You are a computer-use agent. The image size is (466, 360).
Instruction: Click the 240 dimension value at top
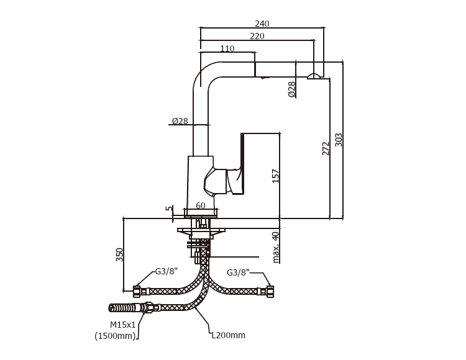point(262,24)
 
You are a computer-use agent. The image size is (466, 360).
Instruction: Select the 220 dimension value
point(257,36)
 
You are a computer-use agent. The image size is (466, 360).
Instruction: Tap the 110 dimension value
point(227,49)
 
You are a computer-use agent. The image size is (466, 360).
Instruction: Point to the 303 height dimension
point(339,140)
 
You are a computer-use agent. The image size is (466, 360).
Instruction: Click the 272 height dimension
point(326,148)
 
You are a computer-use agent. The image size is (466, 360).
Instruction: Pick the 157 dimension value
point(276,176)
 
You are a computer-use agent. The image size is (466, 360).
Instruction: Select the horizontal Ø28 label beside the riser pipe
point(180,121)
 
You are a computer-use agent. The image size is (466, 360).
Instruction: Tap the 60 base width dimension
point(201,206)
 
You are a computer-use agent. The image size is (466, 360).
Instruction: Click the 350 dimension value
point(120,254)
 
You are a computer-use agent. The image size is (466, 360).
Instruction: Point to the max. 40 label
point(276,247)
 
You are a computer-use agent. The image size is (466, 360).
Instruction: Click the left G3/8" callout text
point(167,271)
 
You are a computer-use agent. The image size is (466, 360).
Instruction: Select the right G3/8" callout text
point(239,272)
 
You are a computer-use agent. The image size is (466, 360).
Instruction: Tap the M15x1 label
point(123,325)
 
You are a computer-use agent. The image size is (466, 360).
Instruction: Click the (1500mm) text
point(115,336)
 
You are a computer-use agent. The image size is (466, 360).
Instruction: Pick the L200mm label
point(228,335)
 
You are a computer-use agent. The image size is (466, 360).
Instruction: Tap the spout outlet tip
point(314,76)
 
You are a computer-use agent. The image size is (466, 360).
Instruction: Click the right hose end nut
point(270,291)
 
